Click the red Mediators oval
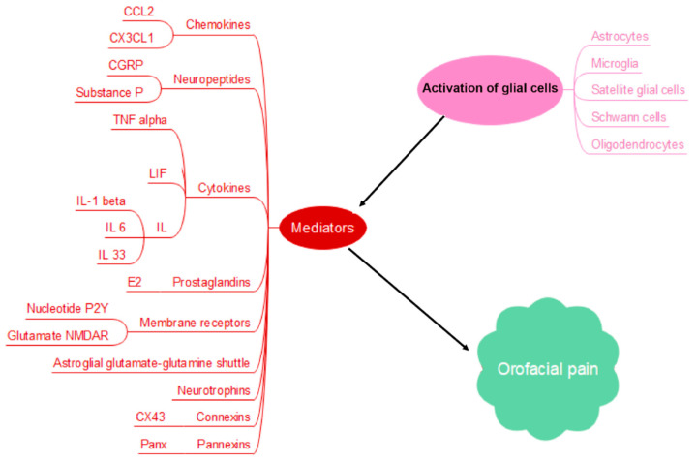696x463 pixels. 322,228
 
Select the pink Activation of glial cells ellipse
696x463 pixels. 490,89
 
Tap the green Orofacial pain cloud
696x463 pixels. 547,369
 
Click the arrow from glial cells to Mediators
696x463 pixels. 402,162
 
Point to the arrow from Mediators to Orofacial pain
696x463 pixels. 409,299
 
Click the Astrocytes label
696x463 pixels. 620,36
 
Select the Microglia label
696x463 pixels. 615,64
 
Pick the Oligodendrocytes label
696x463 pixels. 637,145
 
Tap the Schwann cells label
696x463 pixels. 628,117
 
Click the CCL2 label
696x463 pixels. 138,11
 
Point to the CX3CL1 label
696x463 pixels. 132,38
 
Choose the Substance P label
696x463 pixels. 109,92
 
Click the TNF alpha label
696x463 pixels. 139,120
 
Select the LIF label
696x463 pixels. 158,173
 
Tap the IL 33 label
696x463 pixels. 112,255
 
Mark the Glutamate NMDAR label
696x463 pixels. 58,335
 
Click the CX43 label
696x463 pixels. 150,417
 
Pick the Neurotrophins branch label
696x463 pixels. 214,390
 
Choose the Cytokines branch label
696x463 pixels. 225,188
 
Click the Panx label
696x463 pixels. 154,444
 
